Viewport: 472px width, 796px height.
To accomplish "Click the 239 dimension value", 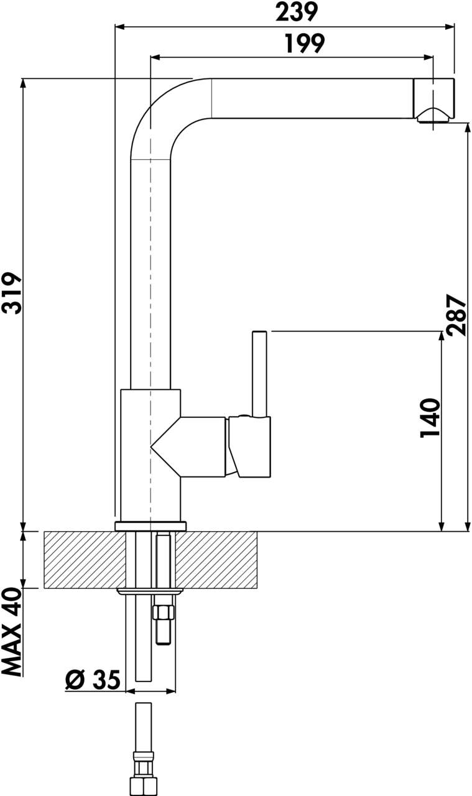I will click(296, 11).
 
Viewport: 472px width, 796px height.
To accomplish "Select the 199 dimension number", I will click(304, 44).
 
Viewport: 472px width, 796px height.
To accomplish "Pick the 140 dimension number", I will click(430, 418).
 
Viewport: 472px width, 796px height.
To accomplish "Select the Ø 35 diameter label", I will click(93, 680).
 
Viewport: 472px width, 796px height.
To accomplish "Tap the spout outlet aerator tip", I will click(434, 116).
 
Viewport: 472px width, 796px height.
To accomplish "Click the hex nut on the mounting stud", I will click(164, 613).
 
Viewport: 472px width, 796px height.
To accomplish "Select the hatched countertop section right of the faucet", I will click(217, 560).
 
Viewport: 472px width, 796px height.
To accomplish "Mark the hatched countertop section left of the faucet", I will click(84, 560).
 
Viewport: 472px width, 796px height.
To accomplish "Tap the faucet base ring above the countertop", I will click(150, 526).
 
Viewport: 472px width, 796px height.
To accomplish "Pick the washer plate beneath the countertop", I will click(150, 590).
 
